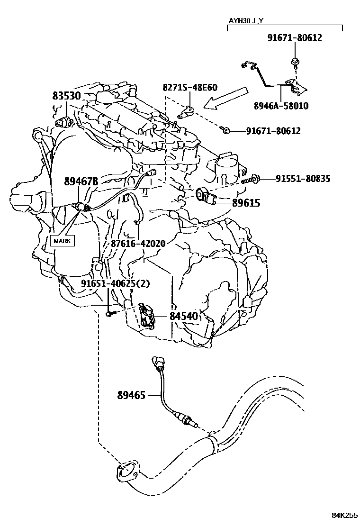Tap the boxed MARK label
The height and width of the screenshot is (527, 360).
tap(62, 241)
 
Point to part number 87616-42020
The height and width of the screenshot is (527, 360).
tap(138, 243)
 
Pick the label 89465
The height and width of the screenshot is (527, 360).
tap(132, 394)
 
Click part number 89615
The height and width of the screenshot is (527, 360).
tap(246, 203)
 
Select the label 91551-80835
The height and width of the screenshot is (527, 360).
tap(303, 179)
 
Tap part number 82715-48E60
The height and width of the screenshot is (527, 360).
tap(190, 87)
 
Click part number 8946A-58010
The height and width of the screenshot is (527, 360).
tap(288, 106)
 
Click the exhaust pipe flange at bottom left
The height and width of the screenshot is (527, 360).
tap(126, 472)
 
